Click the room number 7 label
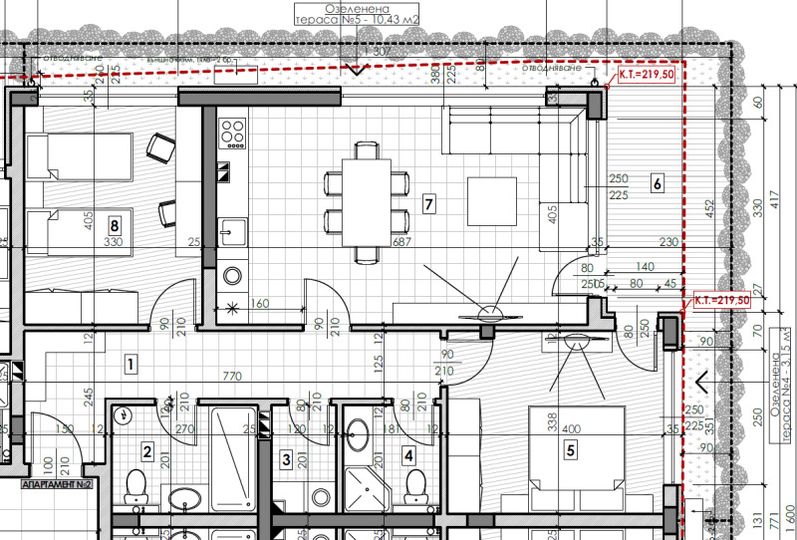pyautogui.click(x=429, y=204)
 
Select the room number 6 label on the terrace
pyautogui.click(x=657, y=183)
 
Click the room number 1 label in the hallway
pyautogui.click(x=131, y=364)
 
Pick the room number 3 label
pyautogui.click(x=287, y=459)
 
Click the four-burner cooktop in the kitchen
pyautogui.click(x=232, y=132)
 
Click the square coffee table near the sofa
pyautogui.click(x=493, y=202)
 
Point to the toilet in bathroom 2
pyautogui.click(x=134, y=487)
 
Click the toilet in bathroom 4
pyautogui.click(x=415, y=487)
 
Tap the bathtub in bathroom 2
pyautogui.click(x=235, y=468)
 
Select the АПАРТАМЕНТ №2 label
pyautogui.click(x=57, y=484)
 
